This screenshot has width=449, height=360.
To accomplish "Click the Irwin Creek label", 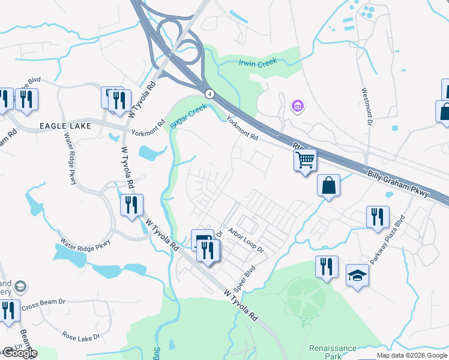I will [258, 62].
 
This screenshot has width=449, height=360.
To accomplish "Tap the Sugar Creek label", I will [188, 115].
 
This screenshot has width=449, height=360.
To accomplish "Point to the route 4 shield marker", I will [209, 94].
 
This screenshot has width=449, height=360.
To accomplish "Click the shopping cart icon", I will [305, 160].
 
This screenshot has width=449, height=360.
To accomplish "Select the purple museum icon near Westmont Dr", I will [297, 107].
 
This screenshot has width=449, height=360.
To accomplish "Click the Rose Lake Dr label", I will [80, 337].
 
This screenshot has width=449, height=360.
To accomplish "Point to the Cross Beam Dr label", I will [43, 306].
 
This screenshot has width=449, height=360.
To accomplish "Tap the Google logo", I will [19, 353].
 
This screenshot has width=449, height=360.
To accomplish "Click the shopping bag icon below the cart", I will [328, 185].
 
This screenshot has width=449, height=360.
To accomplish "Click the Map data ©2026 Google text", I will [412, 355].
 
